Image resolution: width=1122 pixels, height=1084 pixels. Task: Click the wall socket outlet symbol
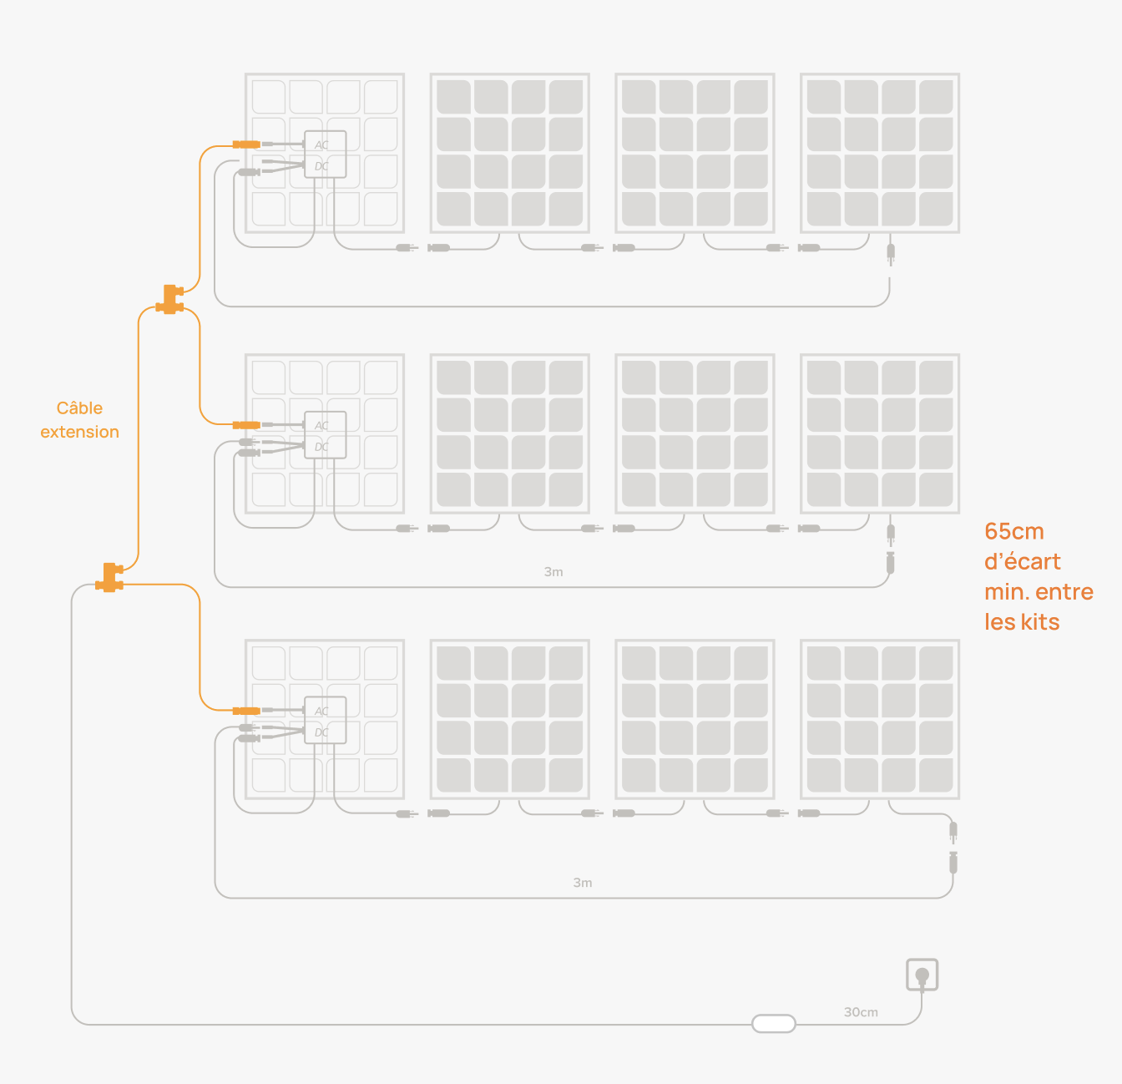922,975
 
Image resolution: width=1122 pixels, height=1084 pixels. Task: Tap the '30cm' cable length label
861,1012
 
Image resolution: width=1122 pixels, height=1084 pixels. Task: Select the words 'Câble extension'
79,420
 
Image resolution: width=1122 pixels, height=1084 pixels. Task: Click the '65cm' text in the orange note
1014,531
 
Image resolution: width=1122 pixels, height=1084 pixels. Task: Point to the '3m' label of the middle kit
553,572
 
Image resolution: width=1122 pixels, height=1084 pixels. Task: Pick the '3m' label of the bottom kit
583,883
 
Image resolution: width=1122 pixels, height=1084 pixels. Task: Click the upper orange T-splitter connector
169,300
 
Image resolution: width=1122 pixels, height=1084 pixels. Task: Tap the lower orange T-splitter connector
109,578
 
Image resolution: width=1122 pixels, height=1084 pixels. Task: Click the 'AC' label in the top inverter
321,145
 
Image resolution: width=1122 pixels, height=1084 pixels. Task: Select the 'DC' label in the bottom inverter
321,732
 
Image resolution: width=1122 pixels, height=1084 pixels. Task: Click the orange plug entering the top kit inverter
247,144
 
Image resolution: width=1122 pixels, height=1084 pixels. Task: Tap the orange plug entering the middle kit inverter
247,425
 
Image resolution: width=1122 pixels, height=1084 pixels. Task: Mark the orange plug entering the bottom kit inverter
247,711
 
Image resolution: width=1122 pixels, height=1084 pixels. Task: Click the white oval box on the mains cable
774,1023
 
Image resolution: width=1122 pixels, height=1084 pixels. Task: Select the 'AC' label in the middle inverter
321,426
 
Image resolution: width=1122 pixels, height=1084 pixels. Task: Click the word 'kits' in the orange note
1039,622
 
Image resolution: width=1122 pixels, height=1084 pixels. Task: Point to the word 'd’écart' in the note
1023,561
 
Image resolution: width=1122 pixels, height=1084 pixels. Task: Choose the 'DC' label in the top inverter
321,166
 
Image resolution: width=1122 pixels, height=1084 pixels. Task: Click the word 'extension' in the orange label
79,432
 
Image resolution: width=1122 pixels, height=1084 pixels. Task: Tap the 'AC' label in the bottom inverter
321,712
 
